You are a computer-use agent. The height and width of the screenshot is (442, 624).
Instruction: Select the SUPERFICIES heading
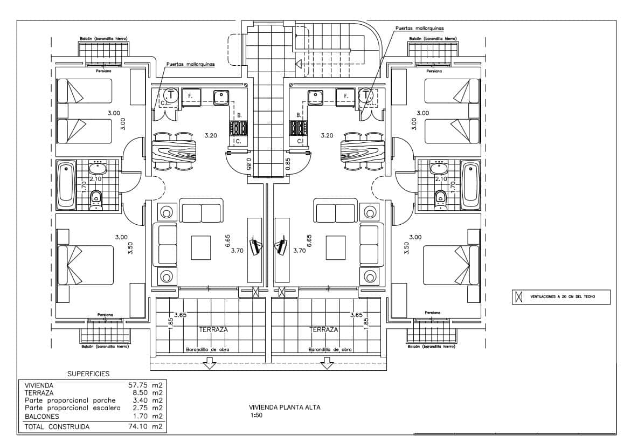88,373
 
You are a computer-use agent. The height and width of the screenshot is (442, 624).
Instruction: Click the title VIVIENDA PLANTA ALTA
285,408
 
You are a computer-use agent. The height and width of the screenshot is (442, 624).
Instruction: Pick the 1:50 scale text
256,415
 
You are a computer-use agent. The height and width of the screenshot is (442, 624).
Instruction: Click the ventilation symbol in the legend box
519,296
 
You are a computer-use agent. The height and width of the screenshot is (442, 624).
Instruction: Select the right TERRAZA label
324,329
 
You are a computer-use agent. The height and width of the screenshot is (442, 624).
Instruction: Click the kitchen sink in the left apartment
221,97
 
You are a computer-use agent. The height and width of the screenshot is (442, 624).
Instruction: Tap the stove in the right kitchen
297,128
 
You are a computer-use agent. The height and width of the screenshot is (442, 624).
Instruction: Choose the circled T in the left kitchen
170,95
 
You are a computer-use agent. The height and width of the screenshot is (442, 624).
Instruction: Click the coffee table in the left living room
202,247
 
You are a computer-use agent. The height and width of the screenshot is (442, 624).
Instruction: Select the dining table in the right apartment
363,151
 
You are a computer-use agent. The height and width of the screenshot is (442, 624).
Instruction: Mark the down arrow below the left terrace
209,365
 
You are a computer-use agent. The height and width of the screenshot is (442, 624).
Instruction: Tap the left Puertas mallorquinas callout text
190,64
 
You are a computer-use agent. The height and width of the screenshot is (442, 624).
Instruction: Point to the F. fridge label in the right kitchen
345,97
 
